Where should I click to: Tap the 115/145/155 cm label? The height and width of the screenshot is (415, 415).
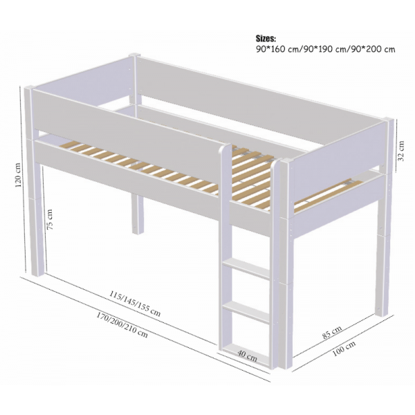coord(134,303)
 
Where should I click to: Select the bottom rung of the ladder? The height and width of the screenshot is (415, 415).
coord(246,345)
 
